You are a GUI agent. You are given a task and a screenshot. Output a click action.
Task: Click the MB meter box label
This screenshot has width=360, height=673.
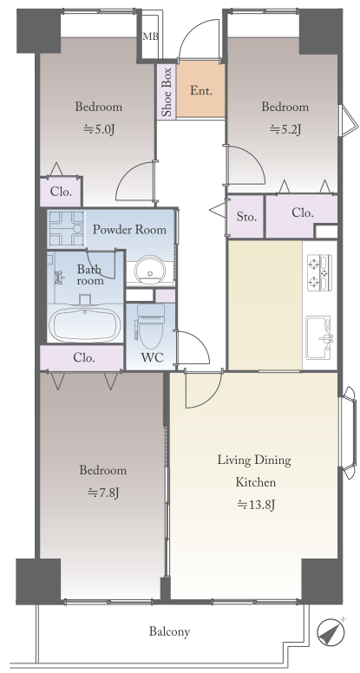[151, 36]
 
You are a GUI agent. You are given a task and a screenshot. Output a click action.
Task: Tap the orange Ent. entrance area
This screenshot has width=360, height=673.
[200, 89]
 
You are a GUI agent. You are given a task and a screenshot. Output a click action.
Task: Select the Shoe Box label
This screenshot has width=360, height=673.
[166, 91]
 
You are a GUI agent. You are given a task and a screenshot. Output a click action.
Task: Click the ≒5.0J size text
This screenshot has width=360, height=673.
[99, 129]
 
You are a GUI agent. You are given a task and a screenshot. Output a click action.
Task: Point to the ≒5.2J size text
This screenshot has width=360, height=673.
[285, 129]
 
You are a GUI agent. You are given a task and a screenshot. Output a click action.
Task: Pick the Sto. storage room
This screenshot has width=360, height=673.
[245, 216]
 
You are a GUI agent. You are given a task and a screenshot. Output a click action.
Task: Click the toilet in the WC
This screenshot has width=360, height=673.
[151, 325]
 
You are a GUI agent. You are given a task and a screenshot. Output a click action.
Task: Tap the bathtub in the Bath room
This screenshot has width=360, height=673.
[85, 325]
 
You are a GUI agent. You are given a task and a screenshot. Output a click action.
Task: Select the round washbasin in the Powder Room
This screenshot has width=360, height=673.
[150, 270]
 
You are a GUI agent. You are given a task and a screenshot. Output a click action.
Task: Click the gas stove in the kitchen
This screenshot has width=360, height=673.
[320, 272]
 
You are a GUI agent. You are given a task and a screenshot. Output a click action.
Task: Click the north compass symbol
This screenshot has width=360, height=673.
[331, 632]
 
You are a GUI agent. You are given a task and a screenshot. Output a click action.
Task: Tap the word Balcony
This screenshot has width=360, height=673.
[169, 631]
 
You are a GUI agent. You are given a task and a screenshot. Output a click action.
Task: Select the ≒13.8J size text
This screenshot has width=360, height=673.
[256, 505]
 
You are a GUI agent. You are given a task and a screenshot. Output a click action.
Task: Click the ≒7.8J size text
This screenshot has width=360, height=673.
[103, 493]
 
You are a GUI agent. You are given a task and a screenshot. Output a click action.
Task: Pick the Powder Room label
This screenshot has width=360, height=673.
[129, 229]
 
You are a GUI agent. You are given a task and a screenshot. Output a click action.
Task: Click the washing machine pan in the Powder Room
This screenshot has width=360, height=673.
[65, 228]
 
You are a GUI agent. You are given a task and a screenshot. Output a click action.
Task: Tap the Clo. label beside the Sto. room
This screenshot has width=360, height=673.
[303, 212]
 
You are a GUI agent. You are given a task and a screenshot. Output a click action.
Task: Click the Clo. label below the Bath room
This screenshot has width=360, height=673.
[84, 357]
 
